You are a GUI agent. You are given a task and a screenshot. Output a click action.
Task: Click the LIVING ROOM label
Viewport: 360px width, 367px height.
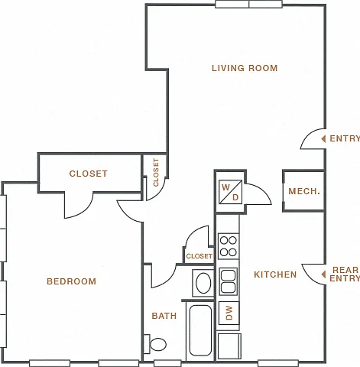245,68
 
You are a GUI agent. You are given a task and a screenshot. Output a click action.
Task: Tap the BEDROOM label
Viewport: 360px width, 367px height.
72,281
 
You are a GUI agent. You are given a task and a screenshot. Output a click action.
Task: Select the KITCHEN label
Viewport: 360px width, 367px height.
275,274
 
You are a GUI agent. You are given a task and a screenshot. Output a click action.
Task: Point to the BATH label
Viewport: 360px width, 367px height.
164,316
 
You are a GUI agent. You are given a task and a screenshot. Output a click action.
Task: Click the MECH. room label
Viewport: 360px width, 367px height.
304,191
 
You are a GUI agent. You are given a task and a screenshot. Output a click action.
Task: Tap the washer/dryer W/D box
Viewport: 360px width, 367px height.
230,192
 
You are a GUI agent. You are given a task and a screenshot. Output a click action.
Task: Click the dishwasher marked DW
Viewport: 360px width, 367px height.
229,313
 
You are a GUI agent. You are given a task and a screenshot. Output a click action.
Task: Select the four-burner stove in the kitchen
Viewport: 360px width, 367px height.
229,246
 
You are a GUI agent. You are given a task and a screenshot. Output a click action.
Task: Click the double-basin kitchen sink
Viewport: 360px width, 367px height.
229,281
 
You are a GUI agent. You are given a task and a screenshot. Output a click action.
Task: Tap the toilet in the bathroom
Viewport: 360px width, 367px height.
155,344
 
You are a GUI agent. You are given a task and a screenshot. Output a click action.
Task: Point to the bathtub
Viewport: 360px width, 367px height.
200,330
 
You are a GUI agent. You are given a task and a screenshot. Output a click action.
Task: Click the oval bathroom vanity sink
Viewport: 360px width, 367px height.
203,283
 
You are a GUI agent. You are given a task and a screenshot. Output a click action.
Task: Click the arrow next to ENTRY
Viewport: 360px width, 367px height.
323,139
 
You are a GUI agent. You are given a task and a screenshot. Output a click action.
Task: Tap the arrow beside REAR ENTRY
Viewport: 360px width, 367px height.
323,274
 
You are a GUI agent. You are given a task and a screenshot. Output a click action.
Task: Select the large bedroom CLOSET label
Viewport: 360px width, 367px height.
89,174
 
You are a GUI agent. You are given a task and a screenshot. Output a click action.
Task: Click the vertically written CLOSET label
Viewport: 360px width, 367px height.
156,172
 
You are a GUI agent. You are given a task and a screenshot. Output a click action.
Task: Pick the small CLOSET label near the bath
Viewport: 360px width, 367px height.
199,256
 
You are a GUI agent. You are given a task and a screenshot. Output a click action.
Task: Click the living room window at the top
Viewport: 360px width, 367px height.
248,4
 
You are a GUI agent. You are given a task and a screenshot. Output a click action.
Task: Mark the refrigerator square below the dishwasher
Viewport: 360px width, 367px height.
229,346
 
